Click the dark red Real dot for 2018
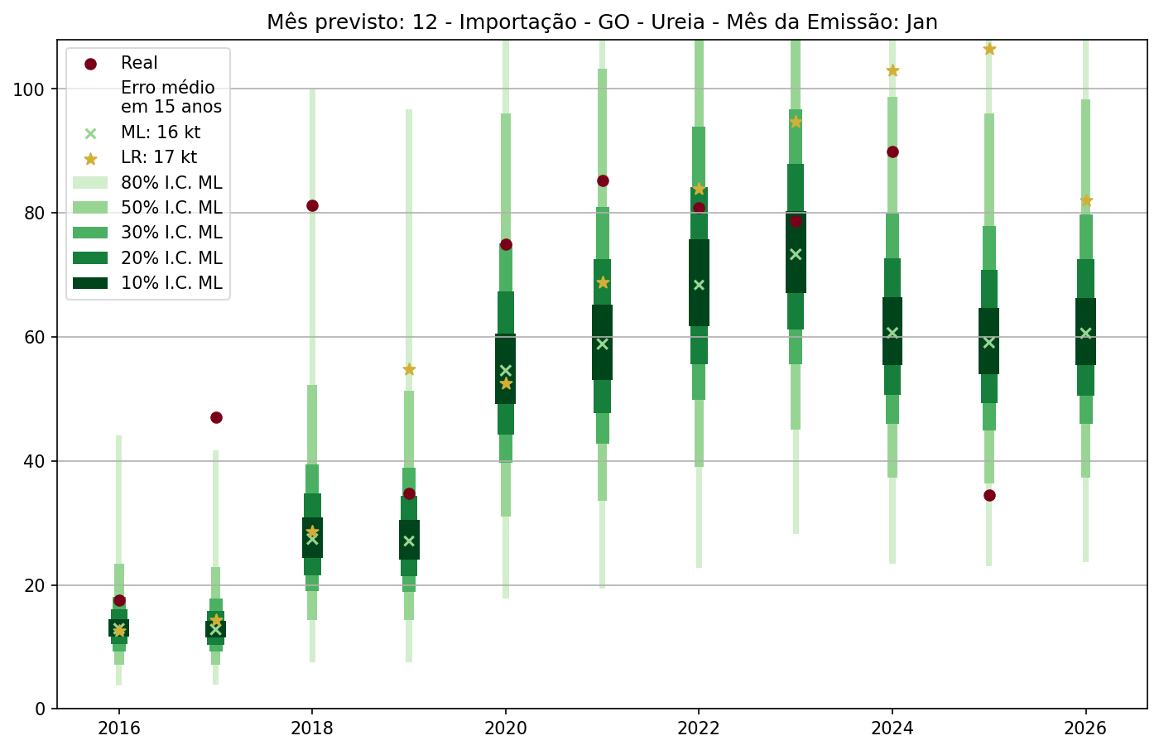tap(312, 205)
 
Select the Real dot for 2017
tap(216, 417)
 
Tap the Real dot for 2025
tap(989, 495)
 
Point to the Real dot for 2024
tap(892, 151)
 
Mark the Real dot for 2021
tap(603, 180)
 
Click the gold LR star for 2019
tap(409, 369)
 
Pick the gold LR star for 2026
tap(1086, 200)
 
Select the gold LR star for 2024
tap(892, 70)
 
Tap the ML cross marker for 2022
tap(699, 285)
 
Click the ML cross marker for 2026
tap(1086, 333)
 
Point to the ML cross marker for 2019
tap(409, 541)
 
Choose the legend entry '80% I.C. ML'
tap(171, 183)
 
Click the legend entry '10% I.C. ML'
tap(171, 283)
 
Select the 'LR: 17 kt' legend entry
tap(159, 157)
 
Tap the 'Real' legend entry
tap(139, 63)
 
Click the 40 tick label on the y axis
tap(34, 461)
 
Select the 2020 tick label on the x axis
tap(506, 728)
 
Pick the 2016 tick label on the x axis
tap(119, 728)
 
